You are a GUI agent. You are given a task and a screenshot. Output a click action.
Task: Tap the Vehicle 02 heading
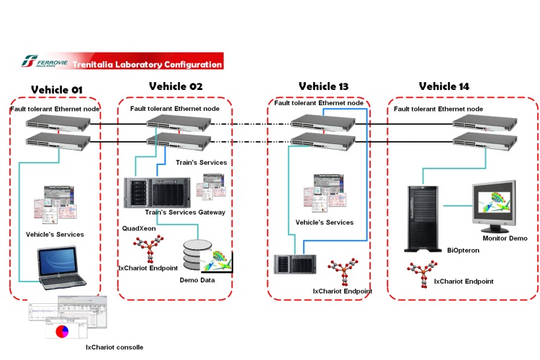click(x=176, y=86)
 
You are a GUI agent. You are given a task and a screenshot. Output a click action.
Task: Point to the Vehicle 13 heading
click(x=323, y=86)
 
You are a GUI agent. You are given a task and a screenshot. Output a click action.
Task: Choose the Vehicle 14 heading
click(x=444, y=86)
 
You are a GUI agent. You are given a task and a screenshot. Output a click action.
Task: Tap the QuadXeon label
click(x=138, y=228)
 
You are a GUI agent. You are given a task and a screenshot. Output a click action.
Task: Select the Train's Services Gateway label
click(x=185, y=212)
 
